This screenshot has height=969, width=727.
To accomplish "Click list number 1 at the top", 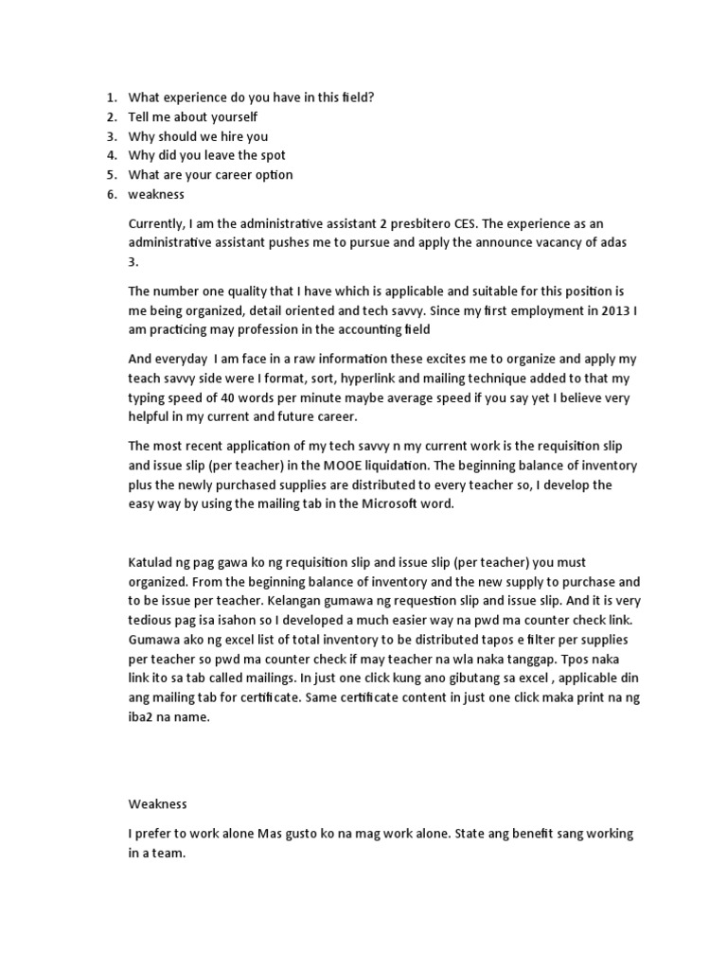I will tap(111, 97).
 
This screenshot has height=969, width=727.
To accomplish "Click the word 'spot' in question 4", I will tap(270, 155).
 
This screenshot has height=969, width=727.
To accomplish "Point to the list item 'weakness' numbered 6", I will tap(156, 194).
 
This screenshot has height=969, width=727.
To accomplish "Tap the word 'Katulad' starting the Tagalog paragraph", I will tap(151, 562).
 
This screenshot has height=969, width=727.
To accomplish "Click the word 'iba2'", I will tap(142, 716).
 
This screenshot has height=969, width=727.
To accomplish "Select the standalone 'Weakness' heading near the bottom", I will tap(158, 804).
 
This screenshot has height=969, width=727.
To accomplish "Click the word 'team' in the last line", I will tap(163, 852).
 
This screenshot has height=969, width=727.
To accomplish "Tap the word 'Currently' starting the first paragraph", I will tap(158, 223).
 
